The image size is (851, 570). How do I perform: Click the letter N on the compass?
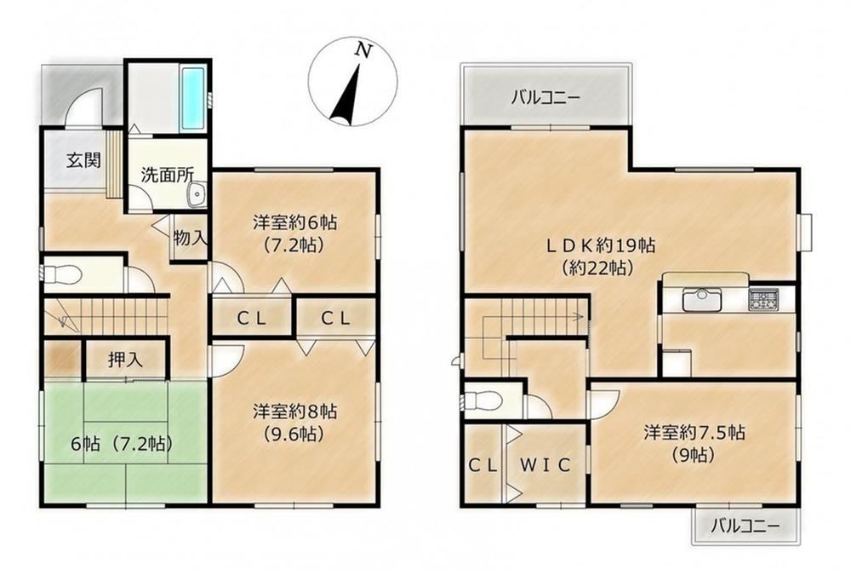coord(363,50)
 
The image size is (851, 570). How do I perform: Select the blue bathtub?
coord(193,99)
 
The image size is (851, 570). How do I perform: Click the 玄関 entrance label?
coord(83,160)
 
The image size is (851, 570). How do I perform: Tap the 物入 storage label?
coord(190,238)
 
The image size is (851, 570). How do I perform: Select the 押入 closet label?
coord(125,360)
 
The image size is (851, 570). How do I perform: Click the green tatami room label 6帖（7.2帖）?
coord(122,444)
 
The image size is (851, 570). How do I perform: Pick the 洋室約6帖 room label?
coord(294,222)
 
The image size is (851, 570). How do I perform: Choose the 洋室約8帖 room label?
coord(294,411)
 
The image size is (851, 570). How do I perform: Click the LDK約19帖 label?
coord(600,245)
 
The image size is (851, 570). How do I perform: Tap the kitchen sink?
coord(703,299)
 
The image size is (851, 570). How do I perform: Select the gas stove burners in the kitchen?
coord(763,299)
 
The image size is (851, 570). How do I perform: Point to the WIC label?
coord(545,465)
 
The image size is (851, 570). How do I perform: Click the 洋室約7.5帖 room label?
coord(694,433)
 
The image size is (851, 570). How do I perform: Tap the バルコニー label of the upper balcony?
coord(546,98)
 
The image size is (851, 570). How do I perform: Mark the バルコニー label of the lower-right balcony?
coord(745,526)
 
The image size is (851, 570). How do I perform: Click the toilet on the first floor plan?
coord(60,274)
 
